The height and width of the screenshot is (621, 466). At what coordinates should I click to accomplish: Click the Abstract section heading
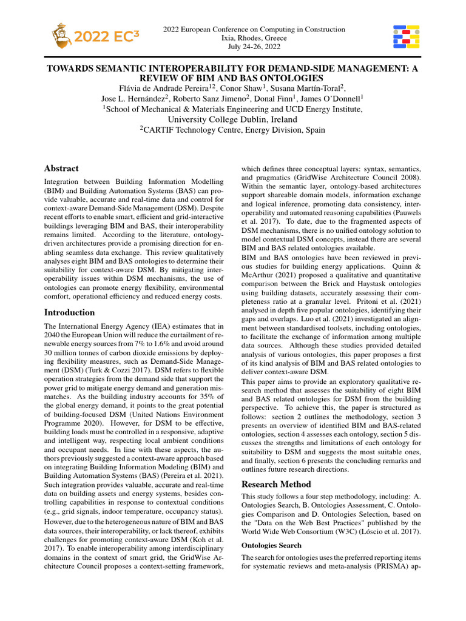pyautogui.click(x=61, y=168)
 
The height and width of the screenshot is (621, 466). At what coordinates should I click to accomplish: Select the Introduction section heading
pyautogui.click(x=70, y=312)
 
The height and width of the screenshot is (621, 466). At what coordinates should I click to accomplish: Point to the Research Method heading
pyautogui.click(x=276, y=484)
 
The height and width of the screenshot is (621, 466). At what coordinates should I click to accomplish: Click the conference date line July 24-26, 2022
pyautogui.click(x=254, y=47)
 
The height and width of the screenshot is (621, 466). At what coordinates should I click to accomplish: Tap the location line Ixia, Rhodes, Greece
pyautogui.click(x=254, y=38)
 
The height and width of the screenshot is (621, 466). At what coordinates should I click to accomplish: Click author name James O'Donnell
pyautogui.click(x=331, y=99)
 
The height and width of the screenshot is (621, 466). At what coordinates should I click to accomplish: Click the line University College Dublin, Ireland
pyautogui.click(x=232, y=119)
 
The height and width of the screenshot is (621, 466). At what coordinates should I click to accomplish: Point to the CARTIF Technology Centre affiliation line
pyautogui.click(x=232, y=130)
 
